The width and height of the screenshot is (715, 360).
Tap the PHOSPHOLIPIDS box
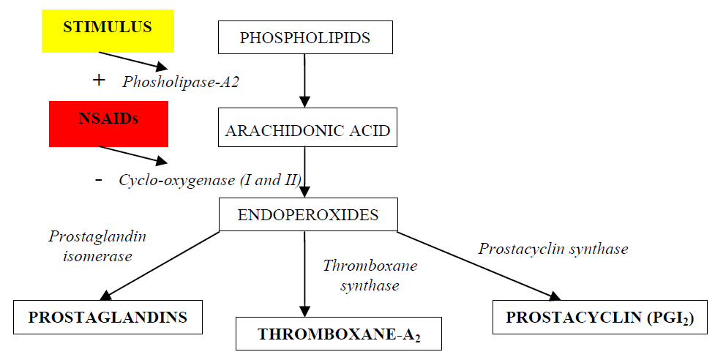coord(305,37)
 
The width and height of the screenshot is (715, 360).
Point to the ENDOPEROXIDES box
coord(308,215)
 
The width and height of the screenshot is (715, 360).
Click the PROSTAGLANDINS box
coord(108,318)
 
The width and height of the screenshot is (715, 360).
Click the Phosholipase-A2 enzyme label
coord(181,82)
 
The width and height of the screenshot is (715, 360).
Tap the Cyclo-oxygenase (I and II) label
coord(210,179)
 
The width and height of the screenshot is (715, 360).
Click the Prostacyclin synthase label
coord(553,249)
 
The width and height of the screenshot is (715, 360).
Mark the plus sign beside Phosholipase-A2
coord(100,80)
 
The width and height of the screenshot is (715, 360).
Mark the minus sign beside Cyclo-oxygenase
coord(99,179)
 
